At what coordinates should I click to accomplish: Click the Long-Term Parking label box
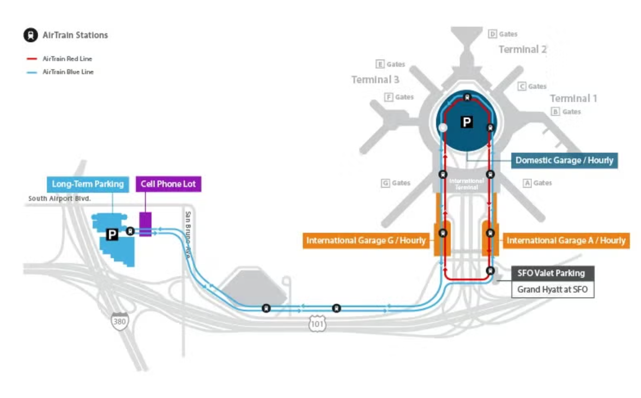tap(88, 184)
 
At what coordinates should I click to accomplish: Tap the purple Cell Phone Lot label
tap(168, 184)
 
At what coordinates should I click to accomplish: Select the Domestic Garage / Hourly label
tap(564, 160)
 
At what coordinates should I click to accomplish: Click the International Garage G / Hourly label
tap(366, 240)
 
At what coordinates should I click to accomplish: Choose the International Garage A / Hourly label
tap(566, 240)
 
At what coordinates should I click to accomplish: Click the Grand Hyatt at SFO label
tap(552, 290)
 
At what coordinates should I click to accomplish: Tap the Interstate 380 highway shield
tap(119, 321)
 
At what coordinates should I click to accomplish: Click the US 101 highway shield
tap(318, 324)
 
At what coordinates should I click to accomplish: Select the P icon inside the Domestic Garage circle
tap(467, 122)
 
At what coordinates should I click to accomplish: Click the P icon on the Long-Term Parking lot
tap(112, 234)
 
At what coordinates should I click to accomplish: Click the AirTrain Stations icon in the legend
tap(30, 35)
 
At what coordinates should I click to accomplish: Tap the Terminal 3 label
tap(375, 80)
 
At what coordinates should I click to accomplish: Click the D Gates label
tap(503, 34)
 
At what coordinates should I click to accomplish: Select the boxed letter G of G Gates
tap(385, 183)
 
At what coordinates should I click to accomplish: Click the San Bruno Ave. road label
tap(188, 234)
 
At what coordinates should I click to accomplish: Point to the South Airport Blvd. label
tap(59, 199)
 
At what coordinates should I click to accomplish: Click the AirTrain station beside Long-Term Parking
tap(130, 231)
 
